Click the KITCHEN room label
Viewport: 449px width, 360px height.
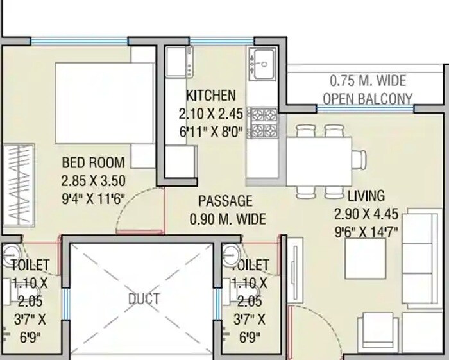coord(210,96)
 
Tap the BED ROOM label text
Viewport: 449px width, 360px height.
coord(93,162)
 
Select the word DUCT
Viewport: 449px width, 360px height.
coord(143,299)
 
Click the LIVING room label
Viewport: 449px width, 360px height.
coord(366,196)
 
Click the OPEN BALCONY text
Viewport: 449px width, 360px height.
coord(368,99)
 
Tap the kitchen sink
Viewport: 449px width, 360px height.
coord(262,65)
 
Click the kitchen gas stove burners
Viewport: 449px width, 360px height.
coord(262,123)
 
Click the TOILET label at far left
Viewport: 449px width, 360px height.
coord(29,264)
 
